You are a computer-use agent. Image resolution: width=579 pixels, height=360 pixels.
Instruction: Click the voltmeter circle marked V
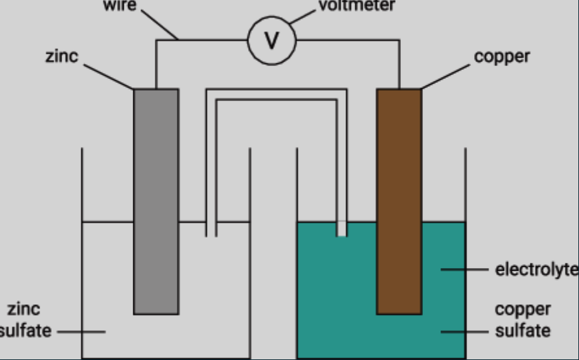(272, 40)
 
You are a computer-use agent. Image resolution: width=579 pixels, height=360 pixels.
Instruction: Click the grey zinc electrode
(156, 201)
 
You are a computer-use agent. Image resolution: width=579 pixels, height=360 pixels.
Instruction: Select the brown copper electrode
(399, 201)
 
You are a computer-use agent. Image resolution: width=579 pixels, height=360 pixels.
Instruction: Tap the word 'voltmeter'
(356, 6)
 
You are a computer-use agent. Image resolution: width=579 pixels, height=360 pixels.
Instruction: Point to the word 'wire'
(120, 6)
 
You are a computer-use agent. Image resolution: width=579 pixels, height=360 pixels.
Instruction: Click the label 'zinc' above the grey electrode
(62, 56)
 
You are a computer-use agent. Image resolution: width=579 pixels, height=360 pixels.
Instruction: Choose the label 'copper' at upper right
(501, 56)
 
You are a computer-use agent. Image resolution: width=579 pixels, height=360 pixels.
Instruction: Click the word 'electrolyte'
(536, 269)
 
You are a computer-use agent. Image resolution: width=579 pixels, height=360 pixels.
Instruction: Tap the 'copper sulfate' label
(523, 320)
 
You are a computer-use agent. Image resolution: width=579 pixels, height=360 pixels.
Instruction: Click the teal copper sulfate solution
(337, 291)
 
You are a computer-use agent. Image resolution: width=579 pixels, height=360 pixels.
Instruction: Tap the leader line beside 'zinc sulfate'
(80, 332)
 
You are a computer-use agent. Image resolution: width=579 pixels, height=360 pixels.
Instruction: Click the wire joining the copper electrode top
(399, 65)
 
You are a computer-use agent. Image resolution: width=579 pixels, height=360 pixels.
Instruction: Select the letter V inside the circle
(272, 41)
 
